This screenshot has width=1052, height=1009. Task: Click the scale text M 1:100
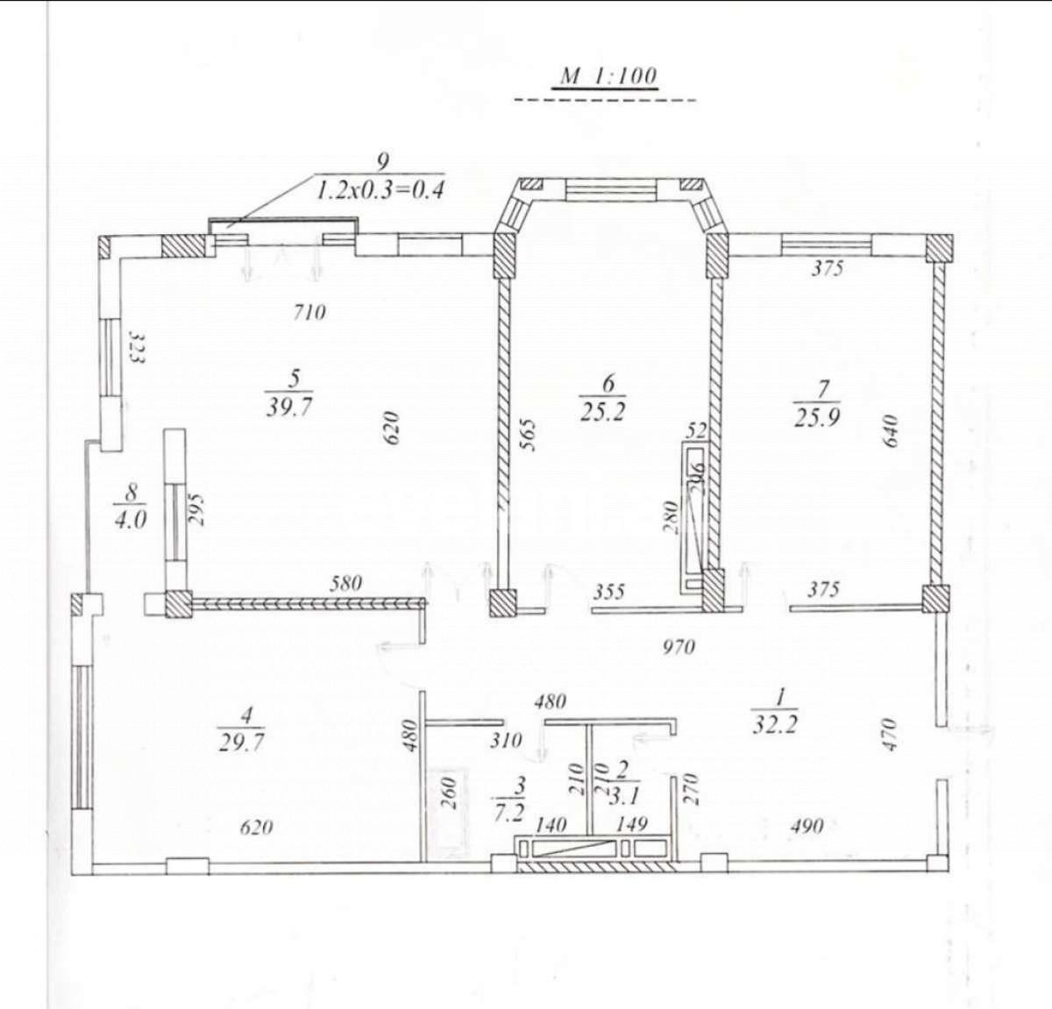[x=608, y=75]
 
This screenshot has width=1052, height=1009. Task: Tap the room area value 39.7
[x=290, y=408]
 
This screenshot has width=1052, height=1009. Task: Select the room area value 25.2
[x=602, y=412]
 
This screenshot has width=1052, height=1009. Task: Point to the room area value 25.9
[x=816, y=417]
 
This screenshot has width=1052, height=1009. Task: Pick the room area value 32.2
[x=775, y=726]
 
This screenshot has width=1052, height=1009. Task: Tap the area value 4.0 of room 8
[x=130, y=519]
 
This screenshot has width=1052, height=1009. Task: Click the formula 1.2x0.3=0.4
[x=380, y=188]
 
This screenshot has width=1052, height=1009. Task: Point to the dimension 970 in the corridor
[x=678, y=647]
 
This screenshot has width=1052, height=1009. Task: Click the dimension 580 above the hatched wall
[x=346, y=583]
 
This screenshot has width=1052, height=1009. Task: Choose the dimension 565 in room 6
[x=528, y=435]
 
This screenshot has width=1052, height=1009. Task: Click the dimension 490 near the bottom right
[x=806, y=826]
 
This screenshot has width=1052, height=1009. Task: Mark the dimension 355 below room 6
[x=608, y=592]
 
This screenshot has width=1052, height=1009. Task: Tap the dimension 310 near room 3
[x=506, y=741]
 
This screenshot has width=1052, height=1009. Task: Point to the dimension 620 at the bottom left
[x=255, y=827]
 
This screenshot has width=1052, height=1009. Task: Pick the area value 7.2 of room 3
[x=509, y=813]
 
